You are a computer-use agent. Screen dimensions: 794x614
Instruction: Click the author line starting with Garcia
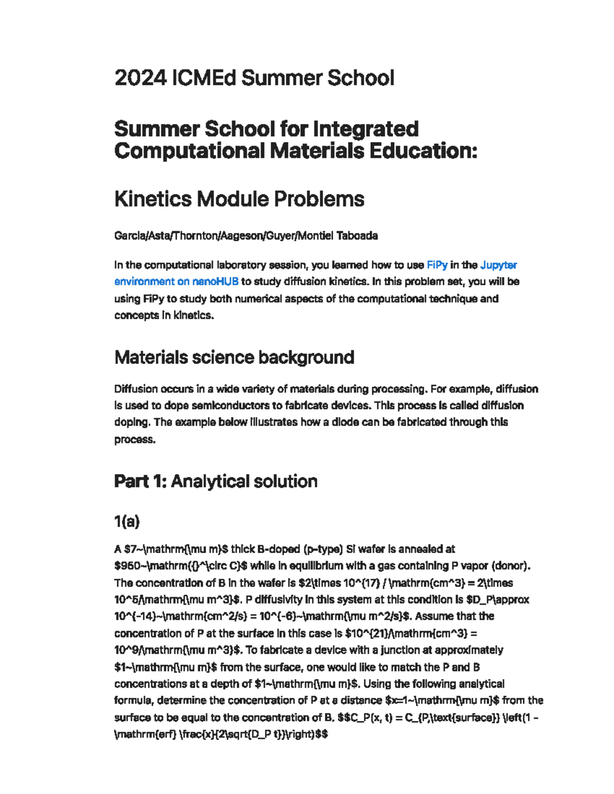point(246,236)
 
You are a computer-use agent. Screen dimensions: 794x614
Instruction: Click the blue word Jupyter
point(498,265)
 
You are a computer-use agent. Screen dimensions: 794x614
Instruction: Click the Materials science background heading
point(234,357)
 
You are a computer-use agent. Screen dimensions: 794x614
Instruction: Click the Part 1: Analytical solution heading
point(215,481)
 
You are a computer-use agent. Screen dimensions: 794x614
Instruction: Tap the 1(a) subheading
point(126,521)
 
